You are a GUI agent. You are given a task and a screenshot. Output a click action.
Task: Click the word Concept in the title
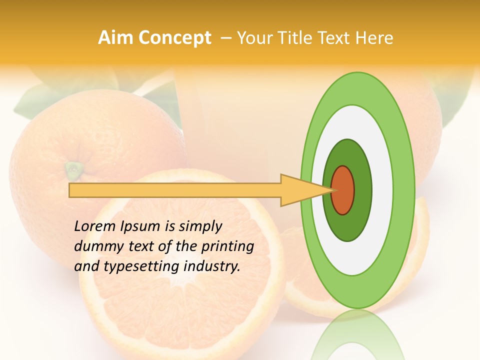coord(174,38)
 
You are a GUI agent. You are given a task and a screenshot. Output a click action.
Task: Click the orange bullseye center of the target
coord(343,190)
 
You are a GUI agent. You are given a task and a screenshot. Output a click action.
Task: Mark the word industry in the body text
coord(212,266)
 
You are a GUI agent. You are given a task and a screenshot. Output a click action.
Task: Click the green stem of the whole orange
coord(73,169)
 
